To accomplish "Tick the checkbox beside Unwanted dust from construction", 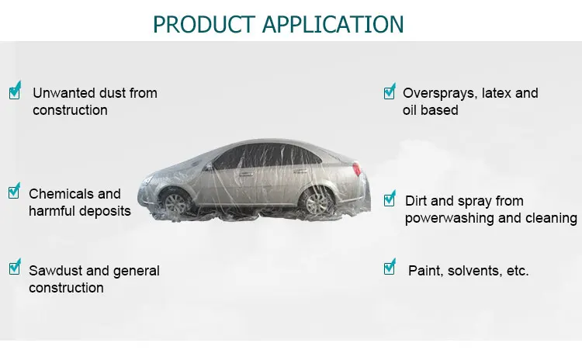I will click(15, 92).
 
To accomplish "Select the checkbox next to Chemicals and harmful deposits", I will click(14, 191).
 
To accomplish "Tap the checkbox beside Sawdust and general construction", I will click(15, 268).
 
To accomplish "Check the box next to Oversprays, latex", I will click(390, 92).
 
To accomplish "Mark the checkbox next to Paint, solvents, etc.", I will click(390, 268).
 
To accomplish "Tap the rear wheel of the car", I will click(316, 202).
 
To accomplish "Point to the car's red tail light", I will click(357, 169).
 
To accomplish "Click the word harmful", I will click(52, 210).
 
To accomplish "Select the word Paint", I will click(424, 271).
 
